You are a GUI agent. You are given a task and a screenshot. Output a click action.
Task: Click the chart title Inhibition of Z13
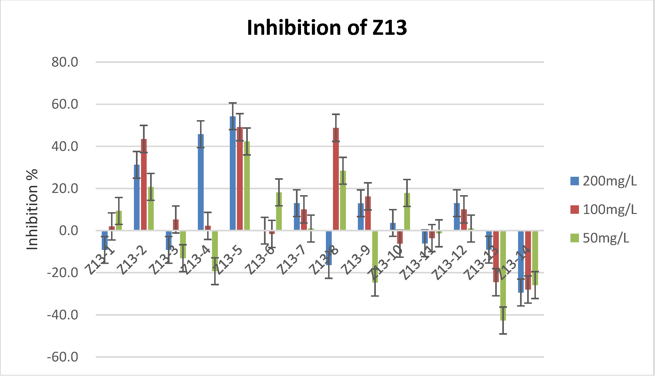coord(327,28)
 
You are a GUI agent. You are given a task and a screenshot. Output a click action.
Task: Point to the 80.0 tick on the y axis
coord(65,62)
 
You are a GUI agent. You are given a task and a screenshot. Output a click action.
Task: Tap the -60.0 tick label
coord(63,357)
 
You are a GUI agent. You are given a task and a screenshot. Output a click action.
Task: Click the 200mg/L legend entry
coord(603,181)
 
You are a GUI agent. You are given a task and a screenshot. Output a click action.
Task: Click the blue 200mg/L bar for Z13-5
coord(233,173)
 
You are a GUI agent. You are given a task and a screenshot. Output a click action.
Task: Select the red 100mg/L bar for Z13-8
coord(336,179)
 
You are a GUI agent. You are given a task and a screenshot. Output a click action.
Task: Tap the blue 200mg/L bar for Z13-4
coord(201,182)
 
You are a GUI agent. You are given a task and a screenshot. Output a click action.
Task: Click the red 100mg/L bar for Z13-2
coord(144,184)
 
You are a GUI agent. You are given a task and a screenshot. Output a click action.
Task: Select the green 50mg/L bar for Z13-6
coord(279,211)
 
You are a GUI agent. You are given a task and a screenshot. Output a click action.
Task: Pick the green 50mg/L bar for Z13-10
coord(407,212)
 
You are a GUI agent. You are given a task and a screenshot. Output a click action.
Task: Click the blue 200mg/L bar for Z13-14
coord(521,262)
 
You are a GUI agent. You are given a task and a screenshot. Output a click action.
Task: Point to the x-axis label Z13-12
coord(451,262)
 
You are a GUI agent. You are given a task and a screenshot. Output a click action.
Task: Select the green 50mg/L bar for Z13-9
coord(375,257)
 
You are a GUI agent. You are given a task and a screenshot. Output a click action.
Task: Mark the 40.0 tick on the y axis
coord(65,147)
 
